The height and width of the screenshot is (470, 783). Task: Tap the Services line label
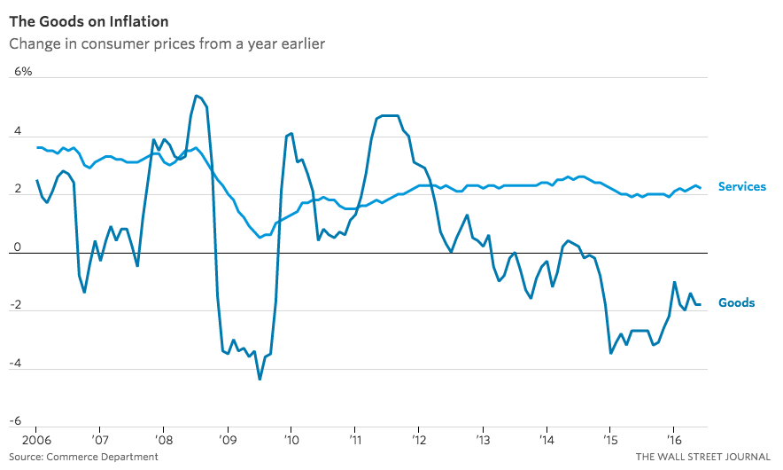click(741, 187)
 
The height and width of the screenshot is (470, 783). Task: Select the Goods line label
click(736, 303)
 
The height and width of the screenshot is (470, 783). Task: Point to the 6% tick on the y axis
click(21, 71)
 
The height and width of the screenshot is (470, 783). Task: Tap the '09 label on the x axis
click(228, 440)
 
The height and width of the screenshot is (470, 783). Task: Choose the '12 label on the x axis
click(418, 440)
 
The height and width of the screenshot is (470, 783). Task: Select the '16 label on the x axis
click(673, 440)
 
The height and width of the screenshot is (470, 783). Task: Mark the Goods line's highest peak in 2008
click(196, 96)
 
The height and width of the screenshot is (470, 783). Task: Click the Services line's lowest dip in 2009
click(260, 238)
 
